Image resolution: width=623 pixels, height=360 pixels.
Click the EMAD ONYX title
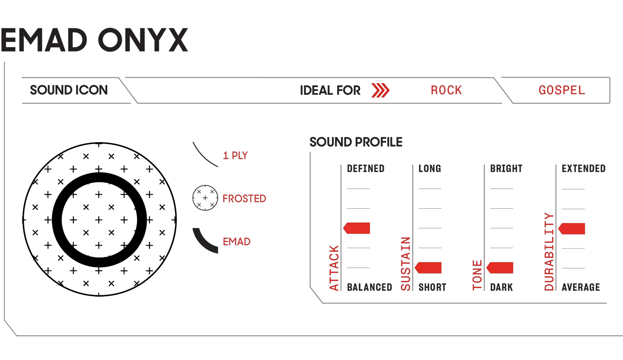(94, 40)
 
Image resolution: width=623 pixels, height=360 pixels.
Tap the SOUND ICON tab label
(69, 90)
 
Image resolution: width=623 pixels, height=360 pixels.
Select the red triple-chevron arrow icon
(381, 90)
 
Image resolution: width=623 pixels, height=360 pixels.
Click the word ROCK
(446, 90)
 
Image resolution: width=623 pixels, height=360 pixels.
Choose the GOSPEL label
(562, 90)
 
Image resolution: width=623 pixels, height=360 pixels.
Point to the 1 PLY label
(235, 156)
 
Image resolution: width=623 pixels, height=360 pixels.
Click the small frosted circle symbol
(205, 198)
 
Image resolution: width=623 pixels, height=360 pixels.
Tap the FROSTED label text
(244, 199)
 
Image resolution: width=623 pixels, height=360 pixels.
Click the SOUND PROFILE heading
(356, 142)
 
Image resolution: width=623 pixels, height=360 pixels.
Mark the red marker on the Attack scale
(357, 228)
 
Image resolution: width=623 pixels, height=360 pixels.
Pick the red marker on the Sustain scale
(428, 268)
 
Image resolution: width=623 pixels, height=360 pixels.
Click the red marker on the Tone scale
(500, 268)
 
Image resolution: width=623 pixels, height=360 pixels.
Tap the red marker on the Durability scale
(572, 229)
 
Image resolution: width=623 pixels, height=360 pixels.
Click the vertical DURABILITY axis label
(549, 252)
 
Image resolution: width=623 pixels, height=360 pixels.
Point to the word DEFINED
(366, 169)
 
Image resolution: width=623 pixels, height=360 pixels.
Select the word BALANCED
(370, 287)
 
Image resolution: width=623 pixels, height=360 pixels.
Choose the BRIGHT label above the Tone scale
(506, 169)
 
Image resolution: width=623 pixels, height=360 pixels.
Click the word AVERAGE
(581, 287)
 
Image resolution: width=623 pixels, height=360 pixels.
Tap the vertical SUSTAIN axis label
(405, 264)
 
